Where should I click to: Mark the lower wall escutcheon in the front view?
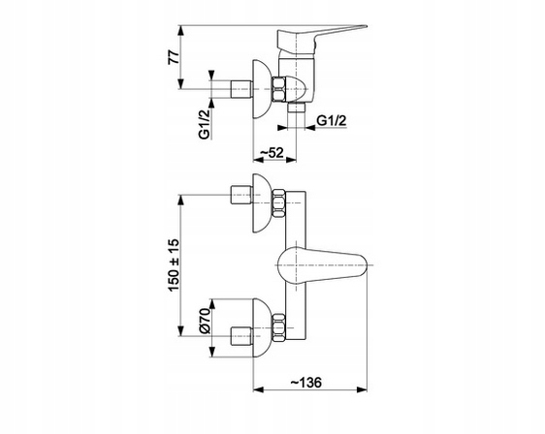[261, 325]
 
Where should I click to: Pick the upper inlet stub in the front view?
[237, 195]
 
